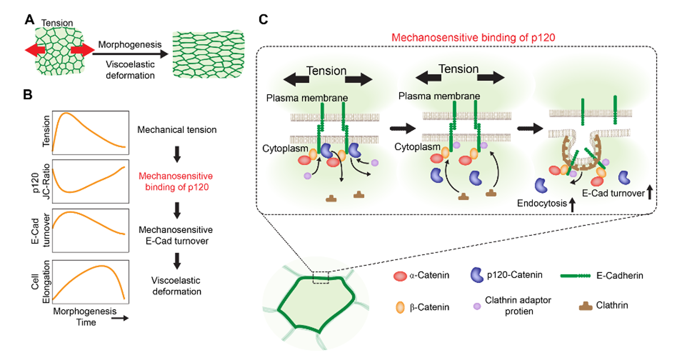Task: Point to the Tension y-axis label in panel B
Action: tap(45, 130)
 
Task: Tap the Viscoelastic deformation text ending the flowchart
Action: tap(176, 286)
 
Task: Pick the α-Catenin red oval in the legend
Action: tap(399, 276)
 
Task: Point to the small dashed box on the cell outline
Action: tap(321, 278)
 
